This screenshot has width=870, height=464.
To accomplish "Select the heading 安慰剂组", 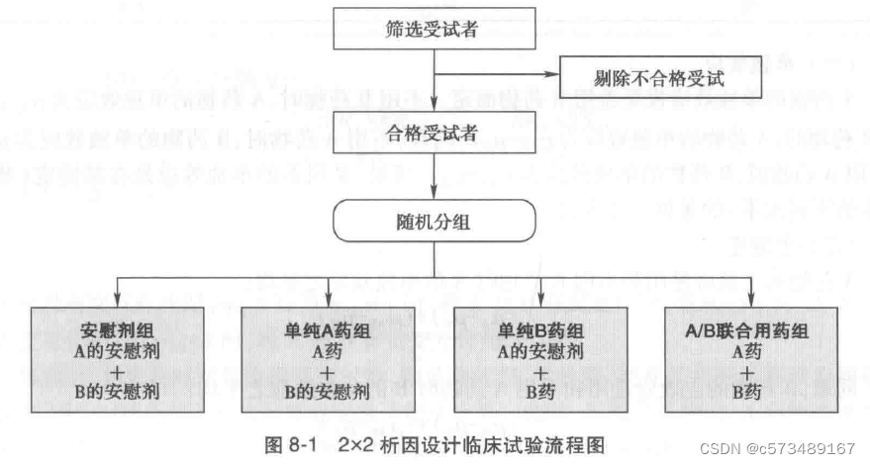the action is (x=118, y=330).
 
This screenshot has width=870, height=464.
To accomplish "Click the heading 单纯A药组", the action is (x=327, y=330).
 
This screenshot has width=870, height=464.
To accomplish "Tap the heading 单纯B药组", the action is (x=540, y=330).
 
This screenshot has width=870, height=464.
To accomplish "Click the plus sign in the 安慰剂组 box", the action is (x=118, y=371).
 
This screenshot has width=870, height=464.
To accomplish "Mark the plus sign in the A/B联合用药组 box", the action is (x=749, y=371).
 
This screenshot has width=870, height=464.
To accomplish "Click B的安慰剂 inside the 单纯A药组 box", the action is (x=327, y=391).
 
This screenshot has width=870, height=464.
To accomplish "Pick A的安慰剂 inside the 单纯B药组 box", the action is (x=540, y=350).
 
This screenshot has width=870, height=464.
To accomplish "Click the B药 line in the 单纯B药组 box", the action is (x=540, y=391).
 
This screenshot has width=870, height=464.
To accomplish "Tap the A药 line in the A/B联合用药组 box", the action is (x=749, y=350).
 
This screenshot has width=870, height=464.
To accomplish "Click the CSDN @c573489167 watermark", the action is (x=777, y=448).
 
